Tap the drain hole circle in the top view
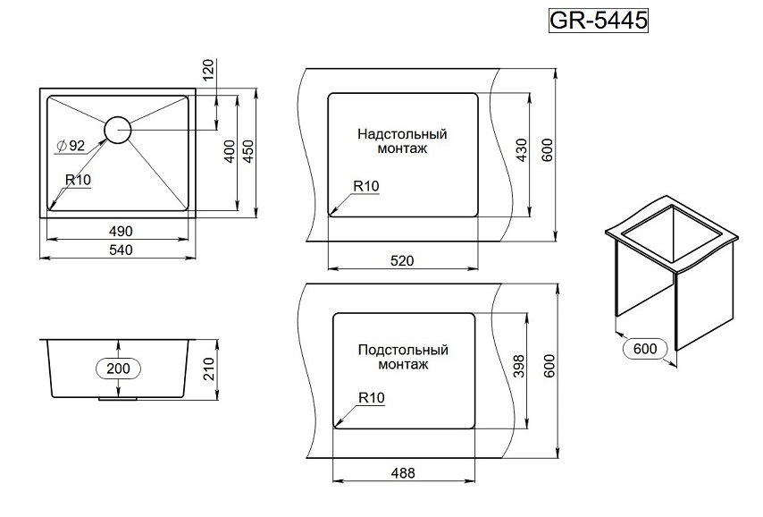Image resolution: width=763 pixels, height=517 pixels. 118,131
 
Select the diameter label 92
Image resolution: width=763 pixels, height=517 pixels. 71,146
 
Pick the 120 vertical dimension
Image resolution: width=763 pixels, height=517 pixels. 209,69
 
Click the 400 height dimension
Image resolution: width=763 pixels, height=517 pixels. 230,151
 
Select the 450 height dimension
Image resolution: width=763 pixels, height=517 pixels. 249,151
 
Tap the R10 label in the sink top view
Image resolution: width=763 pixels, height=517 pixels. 79,180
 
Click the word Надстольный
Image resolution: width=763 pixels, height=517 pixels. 402,134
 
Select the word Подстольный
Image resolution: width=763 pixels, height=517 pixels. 403,350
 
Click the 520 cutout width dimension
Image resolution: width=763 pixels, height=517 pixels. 403,260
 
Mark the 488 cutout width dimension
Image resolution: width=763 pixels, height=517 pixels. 403,473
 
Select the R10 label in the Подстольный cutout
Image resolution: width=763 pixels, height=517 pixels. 370,397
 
